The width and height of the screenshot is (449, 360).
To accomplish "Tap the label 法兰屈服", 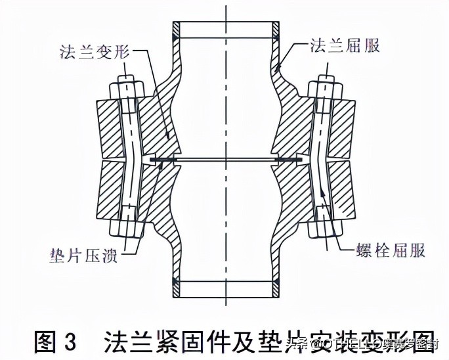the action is pos(345,47).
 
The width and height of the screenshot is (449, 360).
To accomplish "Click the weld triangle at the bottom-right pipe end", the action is pos(277,282).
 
